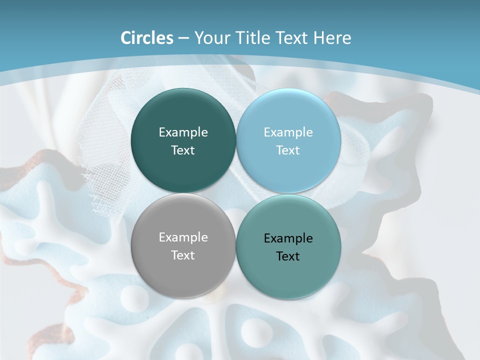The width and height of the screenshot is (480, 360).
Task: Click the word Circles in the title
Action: click(146, 38)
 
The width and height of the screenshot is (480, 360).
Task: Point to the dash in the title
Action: click(183, 39)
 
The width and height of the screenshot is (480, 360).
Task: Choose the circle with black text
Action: click(288, 275)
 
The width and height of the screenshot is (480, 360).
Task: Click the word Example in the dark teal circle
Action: click(183, 132)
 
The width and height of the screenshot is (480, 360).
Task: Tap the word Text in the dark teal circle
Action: click(183, 150)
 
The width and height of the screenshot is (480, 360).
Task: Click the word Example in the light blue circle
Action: click(288, 132)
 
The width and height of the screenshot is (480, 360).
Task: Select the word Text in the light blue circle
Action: click(288, 150)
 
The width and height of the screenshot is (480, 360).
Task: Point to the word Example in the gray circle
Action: click(183, 237)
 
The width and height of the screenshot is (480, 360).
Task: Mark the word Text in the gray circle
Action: click(183, 255)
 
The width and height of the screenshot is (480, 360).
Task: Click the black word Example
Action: click(288, 238)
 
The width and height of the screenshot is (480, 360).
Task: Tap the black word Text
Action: click(288, 256)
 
